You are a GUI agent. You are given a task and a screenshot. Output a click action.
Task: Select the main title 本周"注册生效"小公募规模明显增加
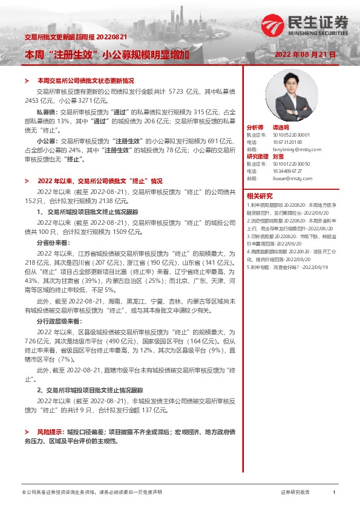pyautogui.click(x=106, y=54)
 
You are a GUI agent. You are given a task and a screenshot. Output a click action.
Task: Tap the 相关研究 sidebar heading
pyautogui.click(x=260, y=195)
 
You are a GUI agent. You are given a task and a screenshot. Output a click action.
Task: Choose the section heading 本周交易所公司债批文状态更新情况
pyautogui.click(x=85, y=80)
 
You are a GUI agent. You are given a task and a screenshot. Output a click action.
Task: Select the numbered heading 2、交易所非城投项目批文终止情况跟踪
pyautogui.click(x=90, y=391)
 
